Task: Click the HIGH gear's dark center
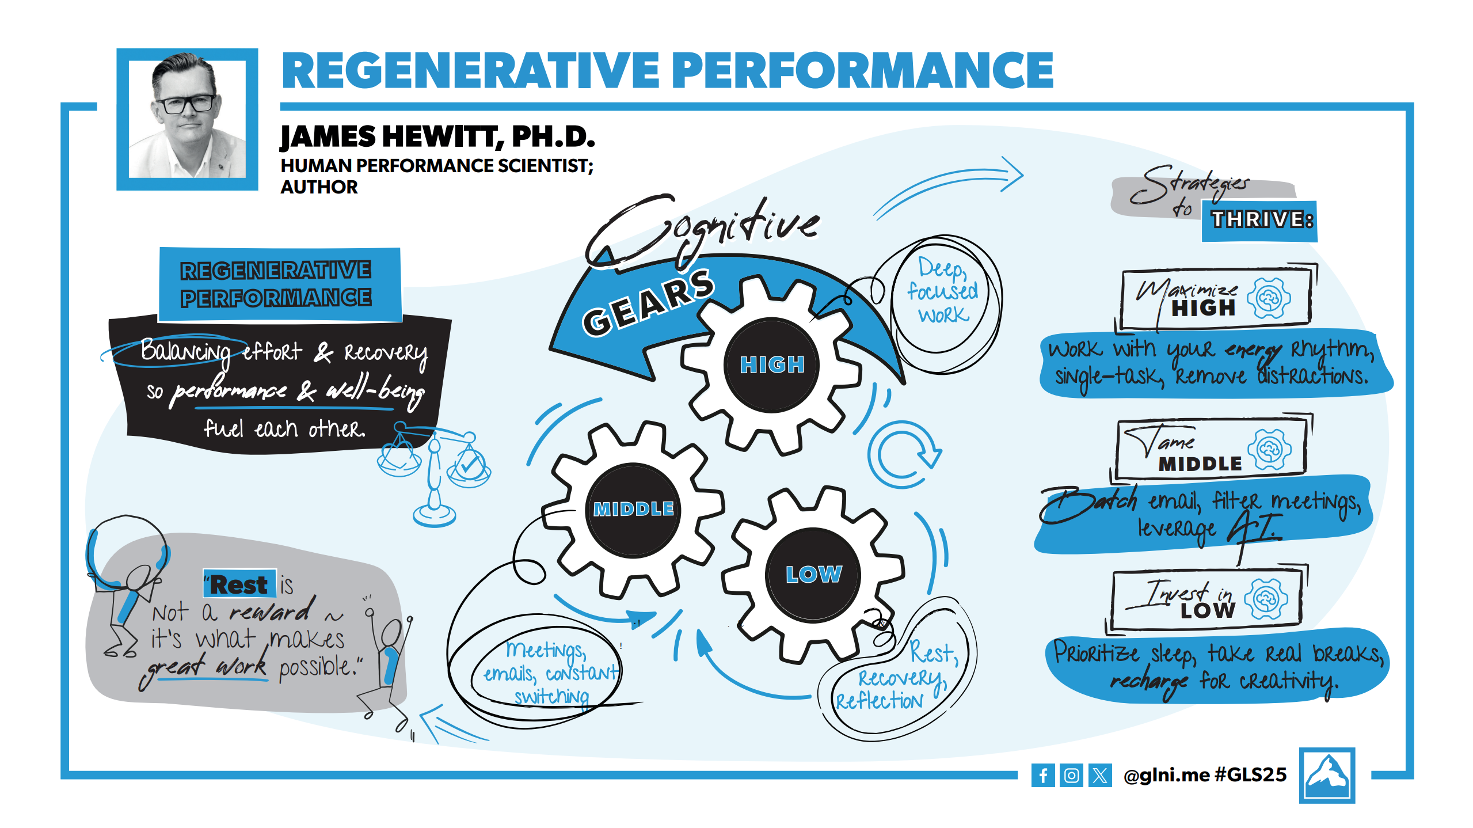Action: point(771,364)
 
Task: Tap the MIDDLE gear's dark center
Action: point(634,509)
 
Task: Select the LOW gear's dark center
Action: point(813,574)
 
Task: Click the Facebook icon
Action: point(1042,775)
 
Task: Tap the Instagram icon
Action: point(1071,775)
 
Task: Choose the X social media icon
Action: point(1100,775)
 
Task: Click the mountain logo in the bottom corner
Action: point(1327,775)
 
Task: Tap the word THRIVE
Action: point(1261,220)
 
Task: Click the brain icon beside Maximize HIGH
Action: point(1269,298)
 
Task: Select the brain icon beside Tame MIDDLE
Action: point(1269,449)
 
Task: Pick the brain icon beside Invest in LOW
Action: point(1265,599)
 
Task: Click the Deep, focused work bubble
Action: point(942,291)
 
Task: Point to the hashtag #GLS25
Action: point(1250,775)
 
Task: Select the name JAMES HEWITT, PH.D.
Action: point(437,137)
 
